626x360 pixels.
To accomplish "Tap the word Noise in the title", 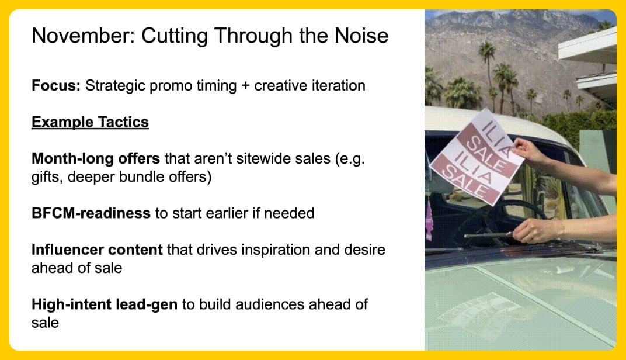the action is [361, 36].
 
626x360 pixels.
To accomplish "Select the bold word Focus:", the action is [56, 85].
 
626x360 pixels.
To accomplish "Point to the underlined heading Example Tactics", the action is [91, 122].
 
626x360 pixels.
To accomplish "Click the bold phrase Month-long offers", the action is [96, 158].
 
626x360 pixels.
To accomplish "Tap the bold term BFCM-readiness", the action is [91, 213].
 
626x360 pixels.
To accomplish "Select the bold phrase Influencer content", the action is [97, 250].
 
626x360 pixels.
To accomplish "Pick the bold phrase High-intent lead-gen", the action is [105, 304].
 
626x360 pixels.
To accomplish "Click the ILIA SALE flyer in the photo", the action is [477, 157].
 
